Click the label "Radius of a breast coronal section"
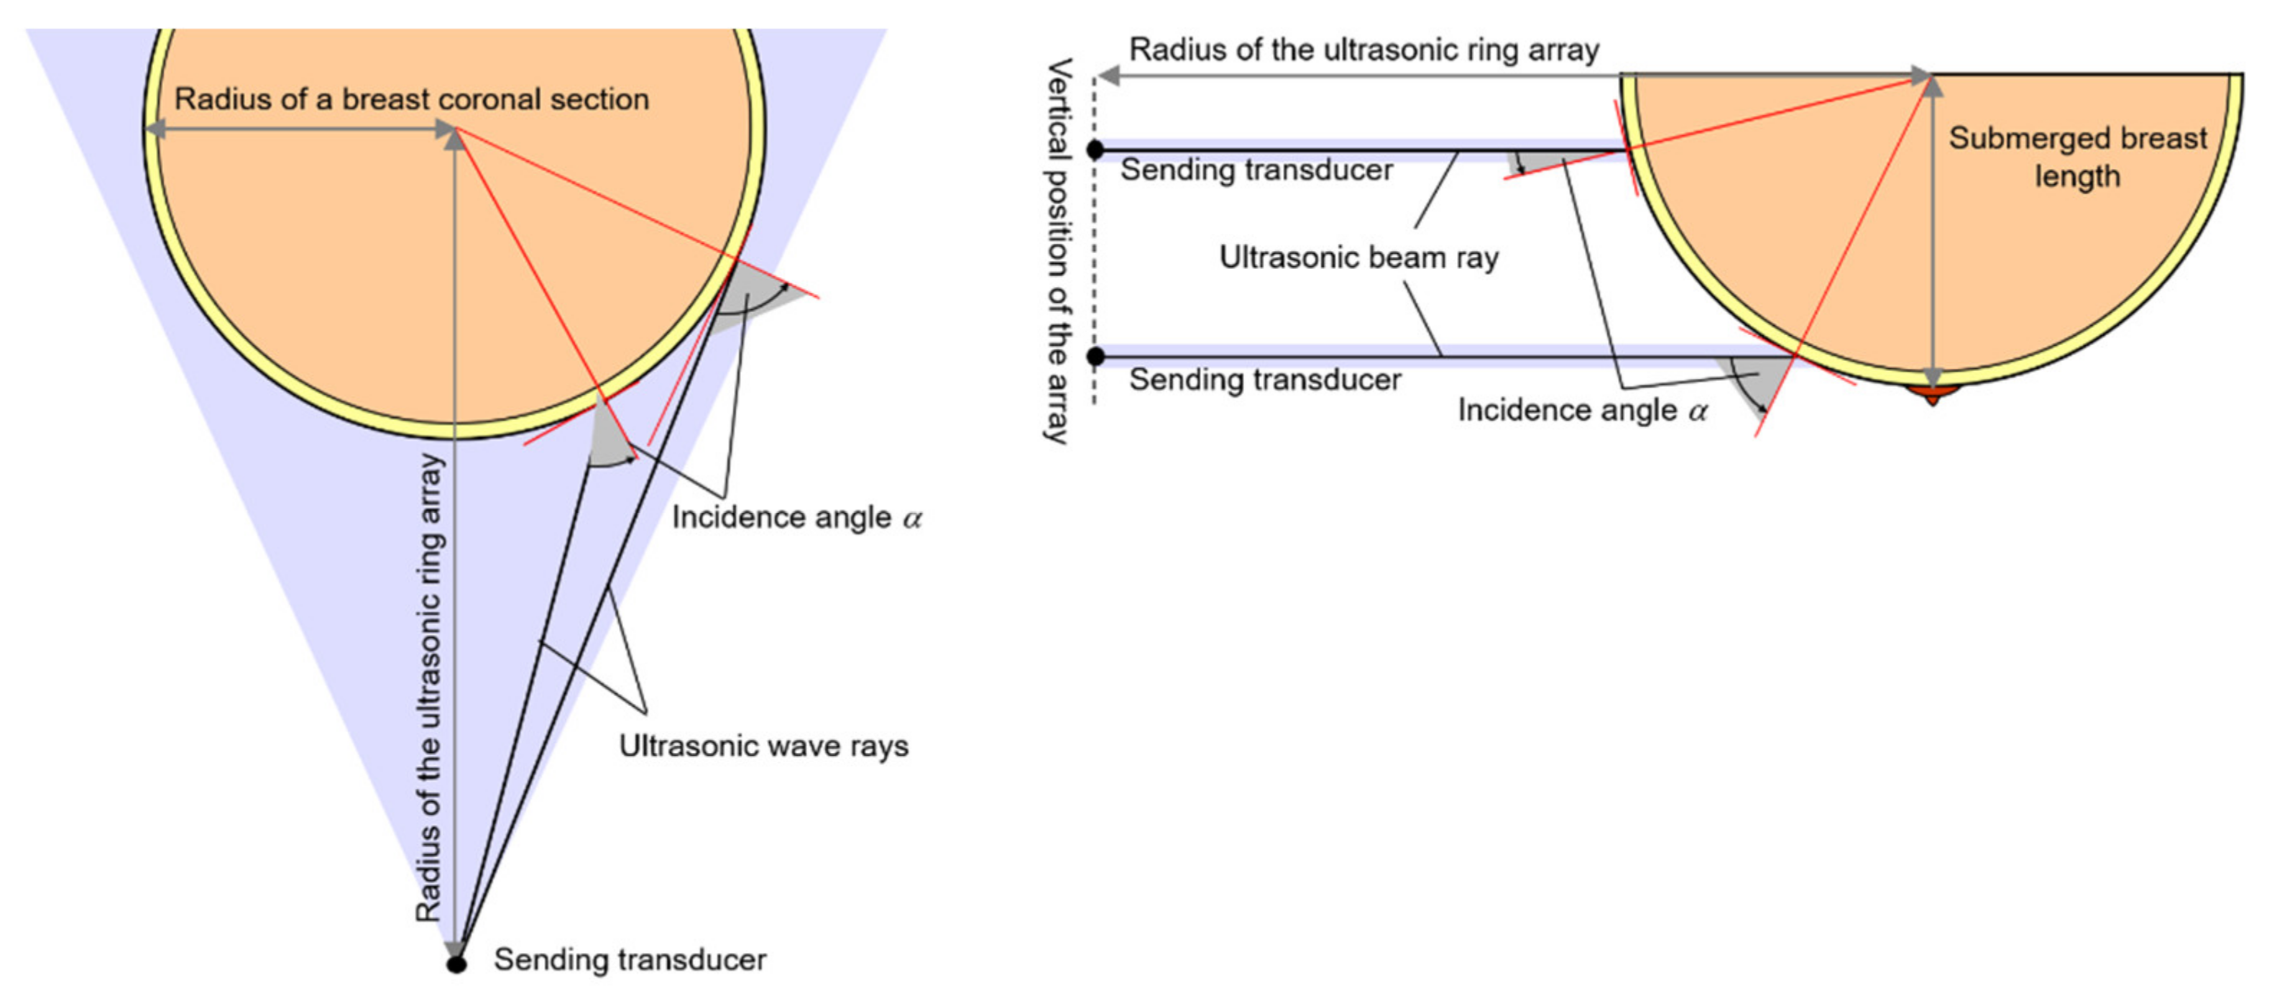(x=411, y=99)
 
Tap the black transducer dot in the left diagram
(x=456, y=963)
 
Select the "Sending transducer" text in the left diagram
(x=630, y=959)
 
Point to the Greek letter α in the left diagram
(x=912, y=518)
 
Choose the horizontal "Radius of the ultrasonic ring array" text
(x=1364, y=50)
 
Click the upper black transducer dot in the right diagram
(x=1095, y=150)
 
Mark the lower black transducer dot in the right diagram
(x=1095, y=357)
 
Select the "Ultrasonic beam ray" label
(x=1358, y=257)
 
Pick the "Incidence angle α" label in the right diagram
(x=1581, y=411)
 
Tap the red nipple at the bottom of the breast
(x=1933, y=393)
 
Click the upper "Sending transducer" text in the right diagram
(x=1256, y=170)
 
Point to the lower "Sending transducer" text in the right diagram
(x=1265, y=380)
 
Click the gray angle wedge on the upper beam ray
(x=1542, y=161)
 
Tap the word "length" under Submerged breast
(x=2077, y=177)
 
